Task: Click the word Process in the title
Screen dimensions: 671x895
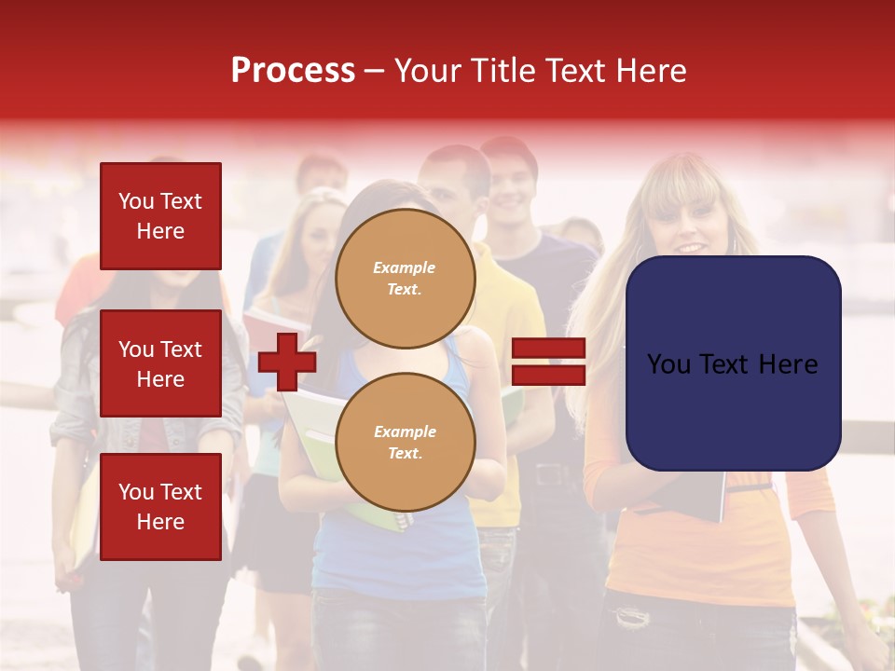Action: click(293, 71)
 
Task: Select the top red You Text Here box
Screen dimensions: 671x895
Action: click(160, 216)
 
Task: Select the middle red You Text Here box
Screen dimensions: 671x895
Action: click(160, 363)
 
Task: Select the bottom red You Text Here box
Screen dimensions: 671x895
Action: click(160, 506)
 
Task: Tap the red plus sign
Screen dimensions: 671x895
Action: click(287, 361)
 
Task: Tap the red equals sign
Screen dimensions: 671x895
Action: click(549, 362)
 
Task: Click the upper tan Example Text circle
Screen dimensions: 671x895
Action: click(405, 279)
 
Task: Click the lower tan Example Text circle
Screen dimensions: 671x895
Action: click(405, 442)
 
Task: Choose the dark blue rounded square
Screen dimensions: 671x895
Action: click(733, 363)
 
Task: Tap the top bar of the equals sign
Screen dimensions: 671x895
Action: click(549, 349)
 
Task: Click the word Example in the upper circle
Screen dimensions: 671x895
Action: click(404, 267)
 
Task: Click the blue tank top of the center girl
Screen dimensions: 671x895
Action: click(401, 559)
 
